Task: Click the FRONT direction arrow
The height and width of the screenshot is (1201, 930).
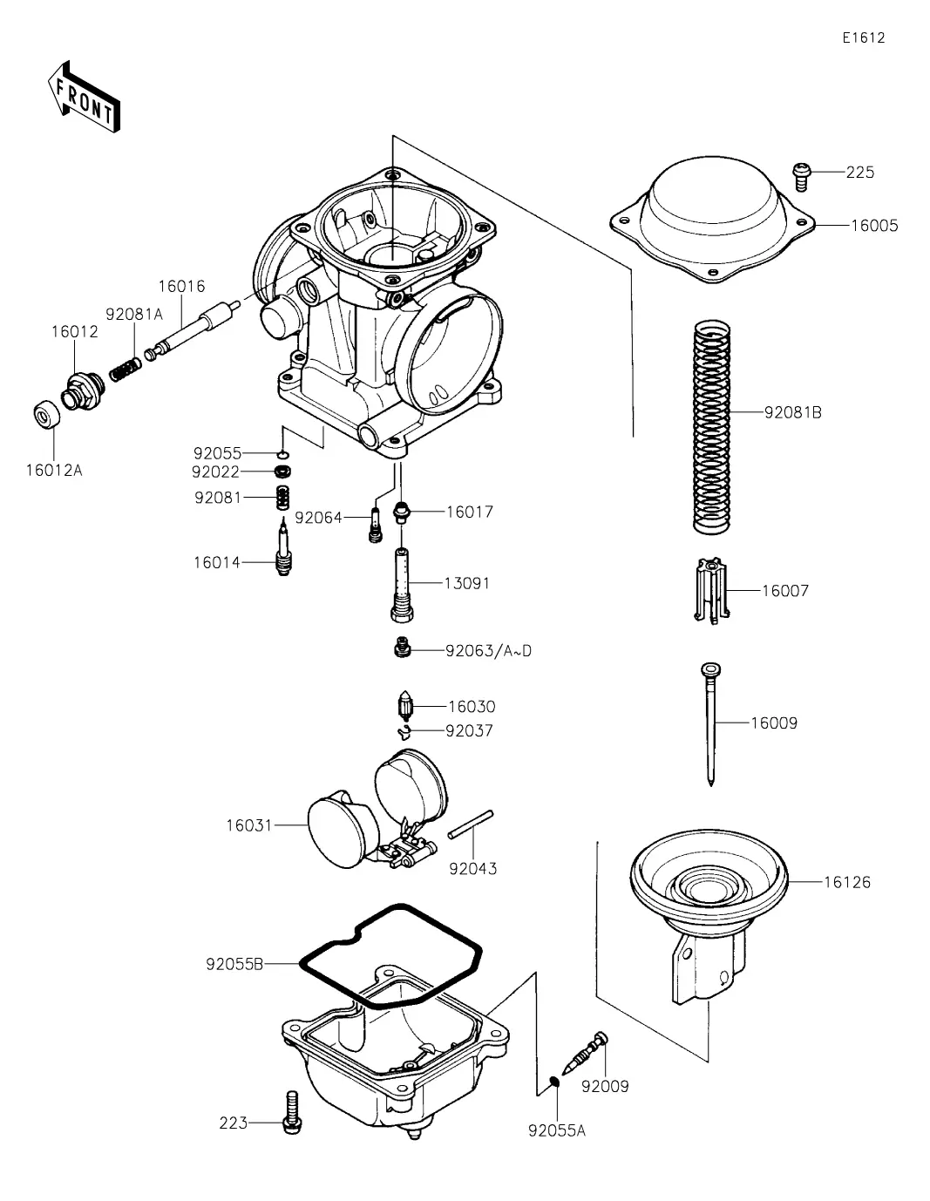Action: click(x=83, y=98)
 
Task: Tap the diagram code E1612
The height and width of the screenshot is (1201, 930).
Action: click(x=863, y=37)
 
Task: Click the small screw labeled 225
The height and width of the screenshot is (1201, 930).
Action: click(x=801, y=176)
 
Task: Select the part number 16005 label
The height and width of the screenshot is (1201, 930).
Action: click(x=874, y=226)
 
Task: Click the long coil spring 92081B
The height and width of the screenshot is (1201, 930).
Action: click(x=712, y=427)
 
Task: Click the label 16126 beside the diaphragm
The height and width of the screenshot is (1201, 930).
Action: click(x=847, y=882)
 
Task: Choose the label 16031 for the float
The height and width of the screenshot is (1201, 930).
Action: click(x=249, y=825)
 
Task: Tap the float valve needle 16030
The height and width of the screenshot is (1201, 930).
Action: click(x=405, y=706)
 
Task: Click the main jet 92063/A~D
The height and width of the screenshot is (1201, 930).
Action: click(x=403, y=647)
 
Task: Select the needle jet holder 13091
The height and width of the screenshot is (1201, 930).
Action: click(x=402, y=585)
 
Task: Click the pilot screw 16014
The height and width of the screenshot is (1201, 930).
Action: click(x=283, y=551)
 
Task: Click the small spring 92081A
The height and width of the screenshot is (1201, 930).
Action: click(x=125, y=370)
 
